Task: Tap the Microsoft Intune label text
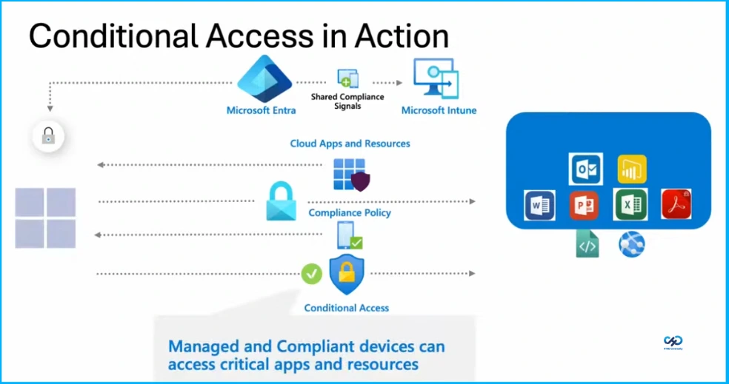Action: pyautogui.click(x=439, y=111)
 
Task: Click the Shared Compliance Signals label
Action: pyautogui.click(x=347, y=101)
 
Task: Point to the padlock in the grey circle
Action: pyautogui.click(x=48, y=136)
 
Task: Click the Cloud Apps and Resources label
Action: pyautogui.click(x=350, y=144)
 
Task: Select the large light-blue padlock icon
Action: pyautogui.click(x=281, y=201)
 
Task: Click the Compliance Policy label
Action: pyautogui.click(x=350, y=213)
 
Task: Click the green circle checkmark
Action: pyautogui.click(x=311, y=273)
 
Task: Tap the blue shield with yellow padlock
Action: pyautogui.click(x=346, y=274)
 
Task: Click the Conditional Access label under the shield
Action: pyautogui.click(x=347, y=308)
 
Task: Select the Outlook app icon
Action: pyautogui.click(x=586, y=169)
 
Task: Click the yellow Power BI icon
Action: pyautogui.click(x=631, y=169)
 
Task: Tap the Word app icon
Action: pyautogui.click(x=539, y=205)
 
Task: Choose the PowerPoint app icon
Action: pyautogui.click(x=584, y=205)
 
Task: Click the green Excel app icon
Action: pyautogui.click(x=630, y=205)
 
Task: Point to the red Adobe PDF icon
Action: pyautogui.click(x=676, y=204)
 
